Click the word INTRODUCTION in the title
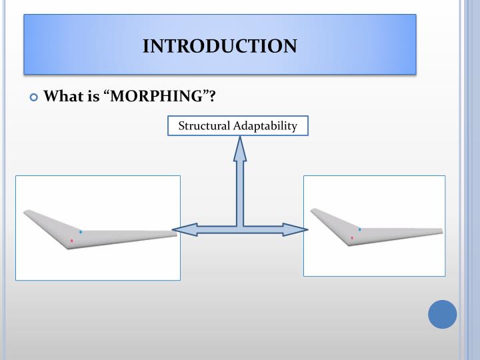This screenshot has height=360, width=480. point(220,46)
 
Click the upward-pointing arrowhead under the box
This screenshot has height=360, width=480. point(240,149)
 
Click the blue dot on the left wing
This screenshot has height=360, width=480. point(81,231)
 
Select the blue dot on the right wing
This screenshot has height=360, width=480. point(359,229)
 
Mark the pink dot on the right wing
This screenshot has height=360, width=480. point(352,237)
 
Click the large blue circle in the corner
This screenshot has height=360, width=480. point(443,314)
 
